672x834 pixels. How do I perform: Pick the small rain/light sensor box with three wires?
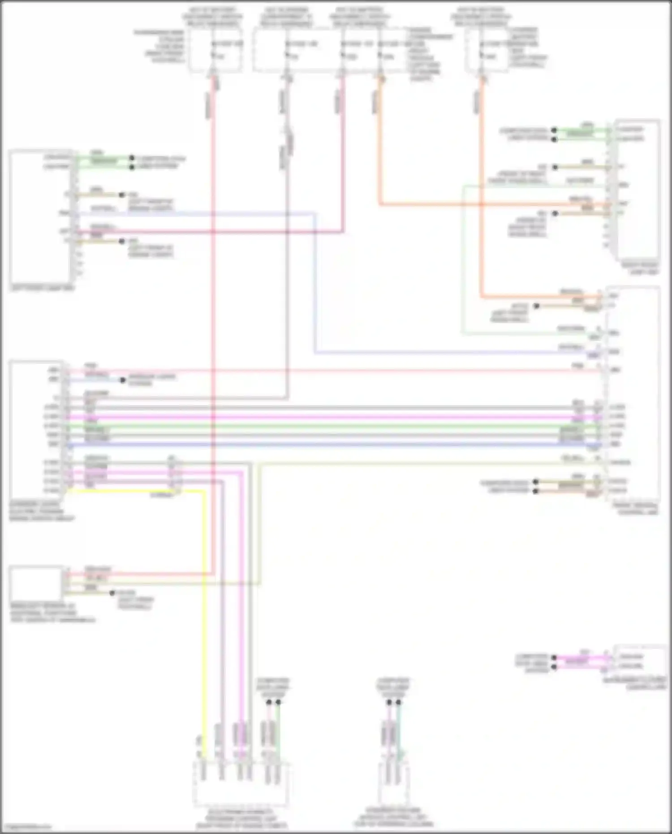coord(36,582)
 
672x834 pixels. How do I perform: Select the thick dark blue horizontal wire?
coord(314,445)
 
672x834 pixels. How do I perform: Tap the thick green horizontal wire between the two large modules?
coord(314,426)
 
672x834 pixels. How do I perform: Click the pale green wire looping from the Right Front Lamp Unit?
coord(462,269)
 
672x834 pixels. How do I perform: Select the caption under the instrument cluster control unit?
coord(641,683)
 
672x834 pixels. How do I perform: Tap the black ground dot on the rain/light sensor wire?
coord(113,593)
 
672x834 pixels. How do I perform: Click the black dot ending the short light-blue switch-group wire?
coord(123,380)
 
